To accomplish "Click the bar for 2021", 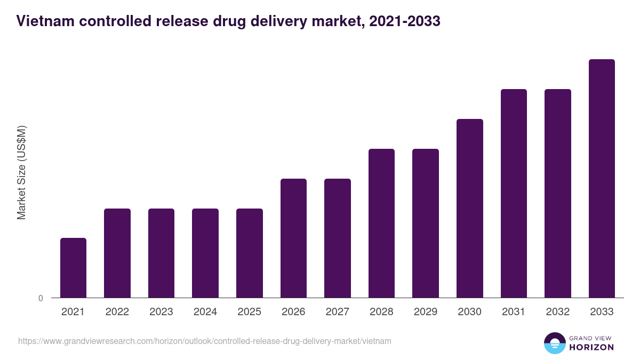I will (x=73, y=268).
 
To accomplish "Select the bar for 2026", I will (x=293, y=238).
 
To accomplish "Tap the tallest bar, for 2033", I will (x=602, y=178).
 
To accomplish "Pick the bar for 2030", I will (x=470, y=208).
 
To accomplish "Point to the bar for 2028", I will (x=381, y=223).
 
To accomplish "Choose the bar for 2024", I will (x=205, y=253).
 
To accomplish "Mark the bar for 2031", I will (x=514, y=193).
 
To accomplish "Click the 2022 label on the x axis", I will (x=117, y=312).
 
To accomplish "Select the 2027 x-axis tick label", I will (x=338, y=312).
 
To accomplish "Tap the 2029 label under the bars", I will (x=426, y=312).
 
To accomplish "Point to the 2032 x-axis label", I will (x=558, y=312).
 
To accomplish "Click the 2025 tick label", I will (x=250, y=312).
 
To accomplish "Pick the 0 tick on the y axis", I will (x=41, y=298).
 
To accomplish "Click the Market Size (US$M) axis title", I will (x=21, y=172).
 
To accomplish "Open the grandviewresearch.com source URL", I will (x=205, y=341).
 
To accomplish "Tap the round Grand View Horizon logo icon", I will (x=554, y=343).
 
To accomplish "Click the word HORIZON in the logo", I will (x=591, y=347).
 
